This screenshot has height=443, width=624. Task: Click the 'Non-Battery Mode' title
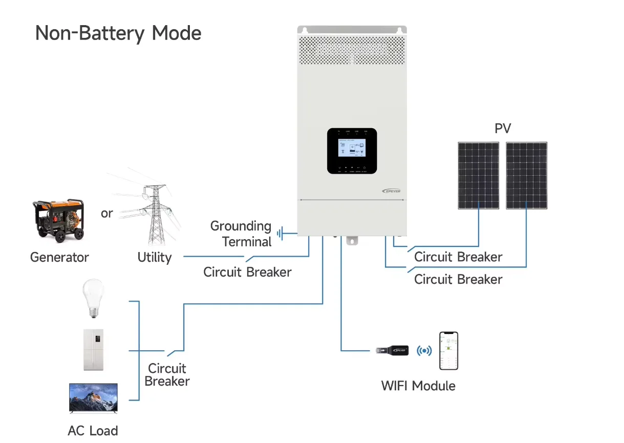point(118,33)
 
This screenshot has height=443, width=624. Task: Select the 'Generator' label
point(59,257)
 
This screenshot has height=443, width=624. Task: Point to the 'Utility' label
point(154,257)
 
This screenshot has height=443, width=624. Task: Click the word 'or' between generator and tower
point(106,213)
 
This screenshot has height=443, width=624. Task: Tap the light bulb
point(93,298)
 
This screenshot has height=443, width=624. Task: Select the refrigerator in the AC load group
point(93,350)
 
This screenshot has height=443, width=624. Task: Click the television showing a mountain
point(93,398)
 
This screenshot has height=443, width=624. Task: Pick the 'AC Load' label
point(93,431)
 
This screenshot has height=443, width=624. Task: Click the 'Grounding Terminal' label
point(241,234)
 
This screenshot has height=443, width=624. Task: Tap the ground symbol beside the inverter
point(281,234)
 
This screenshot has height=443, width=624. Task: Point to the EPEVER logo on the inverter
point(392,191)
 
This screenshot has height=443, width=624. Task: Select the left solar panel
point(478,175)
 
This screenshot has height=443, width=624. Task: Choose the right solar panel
point(526,175)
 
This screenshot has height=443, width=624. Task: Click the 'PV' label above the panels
point(503,129)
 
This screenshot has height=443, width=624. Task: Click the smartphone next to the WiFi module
point(448,351)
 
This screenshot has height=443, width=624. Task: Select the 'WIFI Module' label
point(418,386)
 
